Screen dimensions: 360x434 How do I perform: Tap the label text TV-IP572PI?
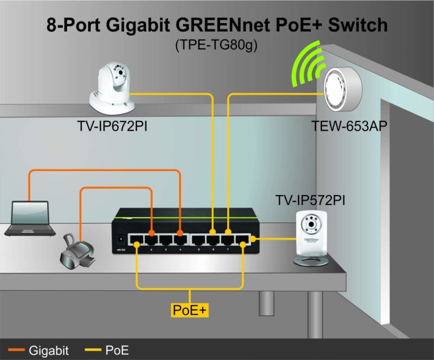[310, 201]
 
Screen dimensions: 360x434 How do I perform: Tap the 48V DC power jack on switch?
[120, 240]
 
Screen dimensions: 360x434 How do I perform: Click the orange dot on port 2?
[151, 233]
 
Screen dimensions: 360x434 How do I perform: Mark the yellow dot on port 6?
[212, 232]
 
